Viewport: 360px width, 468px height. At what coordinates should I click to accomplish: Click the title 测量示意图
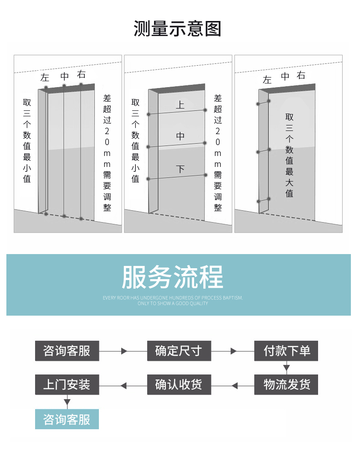coord(177,29)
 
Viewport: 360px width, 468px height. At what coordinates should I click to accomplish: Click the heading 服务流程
coord(172,277)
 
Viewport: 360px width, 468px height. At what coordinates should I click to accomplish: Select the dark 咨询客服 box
coord(67,351)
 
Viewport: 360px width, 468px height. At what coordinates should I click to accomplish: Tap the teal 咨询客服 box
coord(67,419)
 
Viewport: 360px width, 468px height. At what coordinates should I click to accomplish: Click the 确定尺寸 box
coord(179,351)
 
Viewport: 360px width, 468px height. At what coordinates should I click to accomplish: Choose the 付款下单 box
coord(286,351)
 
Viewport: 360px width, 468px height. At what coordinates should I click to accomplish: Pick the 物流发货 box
coord(286,385)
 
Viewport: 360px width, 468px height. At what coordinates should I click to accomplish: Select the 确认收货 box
coord(179,385)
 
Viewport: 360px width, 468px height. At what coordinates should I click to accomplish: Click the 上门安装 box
coord(67,385)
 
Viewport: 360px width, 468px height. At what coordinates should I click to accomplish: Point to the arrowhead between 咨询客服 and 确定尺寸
coord(124,351)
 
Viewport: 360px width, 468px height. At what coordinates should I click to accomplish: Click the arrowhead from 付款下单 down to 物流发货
coord(286,368)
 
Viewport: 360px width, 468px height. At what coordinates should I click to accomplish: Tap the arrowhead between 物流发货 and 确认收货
coord(235,385)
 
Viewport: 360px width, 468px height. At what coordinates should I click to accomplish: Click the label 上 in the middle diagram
coord(180,105)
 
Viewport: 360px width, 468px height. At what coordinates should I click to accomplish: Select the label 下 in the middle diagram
coord(180,169)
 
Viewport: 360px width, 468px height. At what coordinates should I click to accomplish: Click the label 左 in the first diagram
coord(45,78)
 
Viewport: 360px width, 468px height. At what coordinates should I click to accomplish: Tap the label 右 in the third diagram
coord(301,75)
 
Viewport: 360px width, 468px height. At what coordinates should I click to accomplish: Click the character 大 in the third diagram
coord(289,182)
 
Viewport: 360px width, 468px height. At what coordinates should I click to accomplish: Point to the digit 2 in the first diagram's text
coord(107,131)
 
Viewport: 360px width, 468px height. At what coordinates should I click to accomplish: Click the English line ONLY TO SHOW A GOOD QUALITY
coord(173,303)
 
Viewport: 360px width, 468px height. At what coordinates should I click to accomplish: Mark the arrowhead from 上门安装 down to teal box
coord(67,402)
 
